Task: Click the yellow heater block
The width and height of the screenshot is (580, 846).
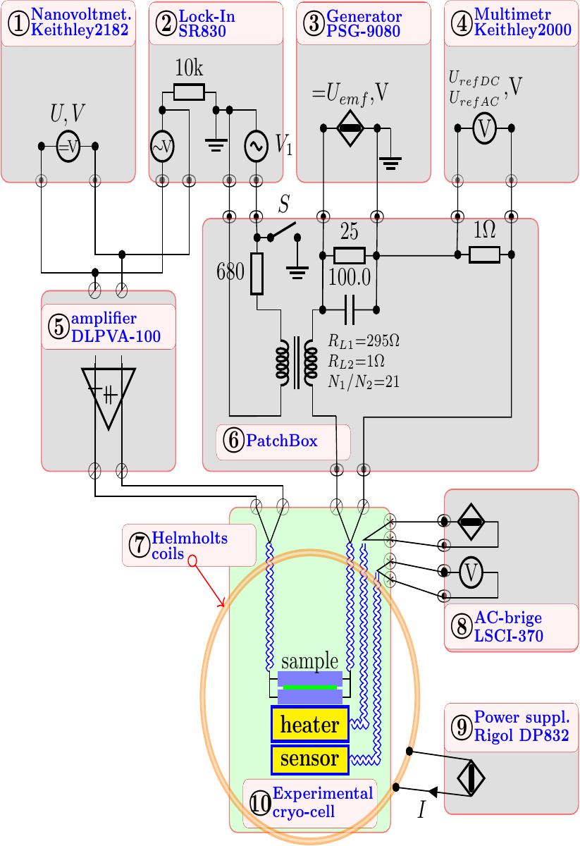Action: click(309, 723)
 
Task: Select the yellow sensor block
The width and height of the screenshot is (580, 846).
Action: click(309, 759)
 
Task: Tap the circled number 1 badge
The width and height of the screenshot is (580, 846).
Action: click(18, 24)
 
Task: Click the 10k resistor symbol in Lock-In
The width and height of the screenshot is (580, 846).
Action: click(189, 92)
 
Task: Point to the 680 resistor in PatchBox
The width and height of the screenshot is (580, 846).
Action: click(257, 274)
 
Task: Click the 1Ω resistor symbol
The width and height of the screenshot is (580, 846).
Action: click(484, 255)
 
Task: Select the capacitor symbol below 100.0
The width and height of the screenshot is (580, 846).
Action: click(350, 310)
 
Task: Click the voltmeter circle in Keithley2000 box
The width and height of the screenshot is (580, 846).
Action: click(484, 128)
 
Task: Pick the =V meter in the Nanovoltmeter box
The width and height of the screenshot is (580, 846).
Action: click(68, 147)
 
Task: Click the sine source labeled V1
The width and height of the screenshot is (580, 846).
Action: click(257, 147)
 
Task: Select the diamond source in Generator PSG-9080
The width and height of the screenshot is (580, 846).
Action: click(350, 128)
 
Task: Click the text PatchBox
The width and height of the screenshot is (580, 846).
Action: click(282, 441)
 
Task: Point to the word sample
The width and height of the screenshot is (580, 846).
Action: click(309, 661)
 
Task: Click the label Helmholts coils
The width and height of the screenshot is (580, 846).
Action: click(190, 546)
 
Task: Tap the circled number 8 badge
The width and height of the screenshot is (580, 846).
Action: click(462, 627)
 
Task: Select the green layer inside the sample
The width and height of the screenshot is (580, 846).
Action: click(309, 687)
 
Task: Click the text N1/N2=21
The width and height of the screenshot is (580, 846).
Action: click(363, 382)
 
